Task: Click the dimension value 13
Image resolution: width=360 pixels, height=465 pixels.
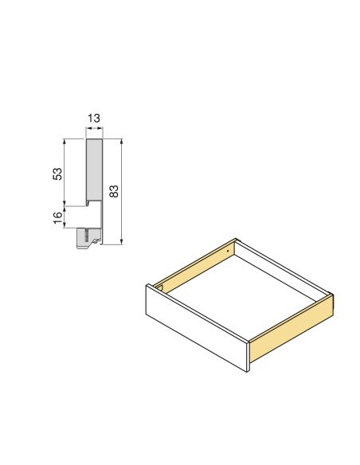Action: (x=94, y=119)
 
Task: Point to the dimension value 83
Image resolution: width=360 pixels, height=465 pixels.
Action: (x=114, y=191)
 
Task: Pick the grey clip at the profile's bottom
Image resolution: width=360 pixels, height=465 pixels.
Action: (x=90, y=237)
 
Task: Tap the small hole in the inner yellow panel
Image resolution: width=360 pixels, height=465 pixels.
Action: (x=229, y=250)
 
